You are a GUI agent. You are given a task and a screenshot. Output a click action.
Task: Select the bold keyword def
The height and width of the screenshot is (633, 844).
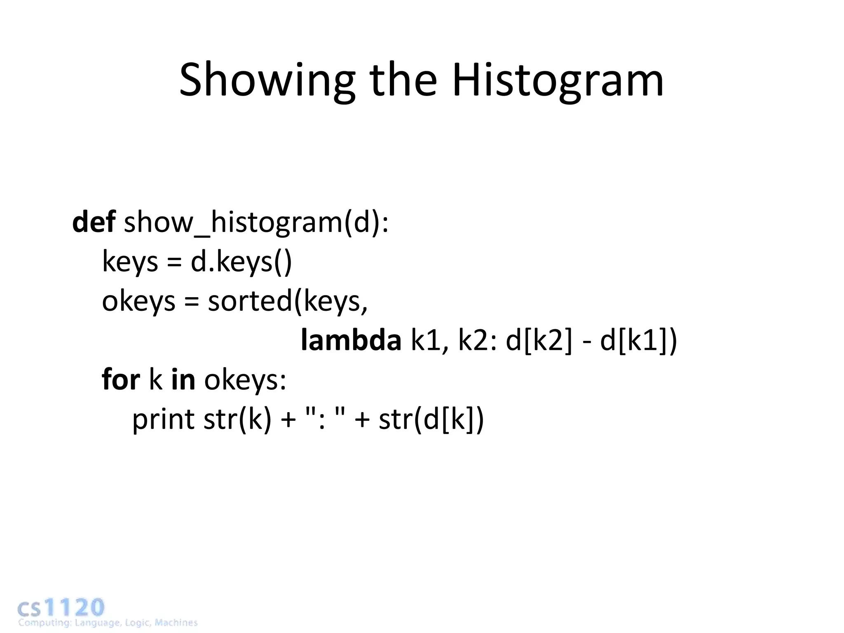click(94, 223)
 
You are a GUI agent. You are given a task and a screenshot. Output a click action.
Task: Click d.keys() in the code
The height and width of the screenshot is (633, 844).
click(241, 262)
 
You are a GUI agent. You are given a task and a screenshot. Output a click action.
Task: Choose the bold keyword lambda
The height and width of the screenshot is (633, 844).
click(351, 341)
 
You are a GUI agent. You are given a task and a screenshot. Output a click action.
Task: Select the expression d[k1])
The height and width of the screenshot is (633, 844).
click(638, 341)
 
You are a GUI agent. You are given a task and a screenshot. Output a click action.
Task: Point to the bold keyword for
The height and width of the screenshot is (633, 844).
click(121, 380)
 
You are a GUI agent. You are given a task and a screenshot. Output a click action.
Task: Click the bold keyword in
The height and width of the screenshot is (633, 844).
click(183, 380)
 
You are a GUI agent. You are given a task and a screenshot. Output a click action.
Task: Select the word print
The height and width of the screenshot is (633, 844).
click(163, 420)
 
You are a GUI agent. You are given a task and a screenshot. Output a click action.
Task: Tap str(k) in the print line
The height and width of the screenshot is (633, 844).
click(237, 419)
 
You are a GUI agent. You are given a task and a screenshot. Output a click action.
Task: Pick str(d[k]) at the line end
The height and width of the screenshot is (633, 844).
click(431, 419)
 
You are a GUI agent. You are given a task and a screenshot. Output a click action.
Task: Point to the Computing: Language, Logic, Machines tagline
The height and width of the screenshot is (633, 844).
click(108, 623)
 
